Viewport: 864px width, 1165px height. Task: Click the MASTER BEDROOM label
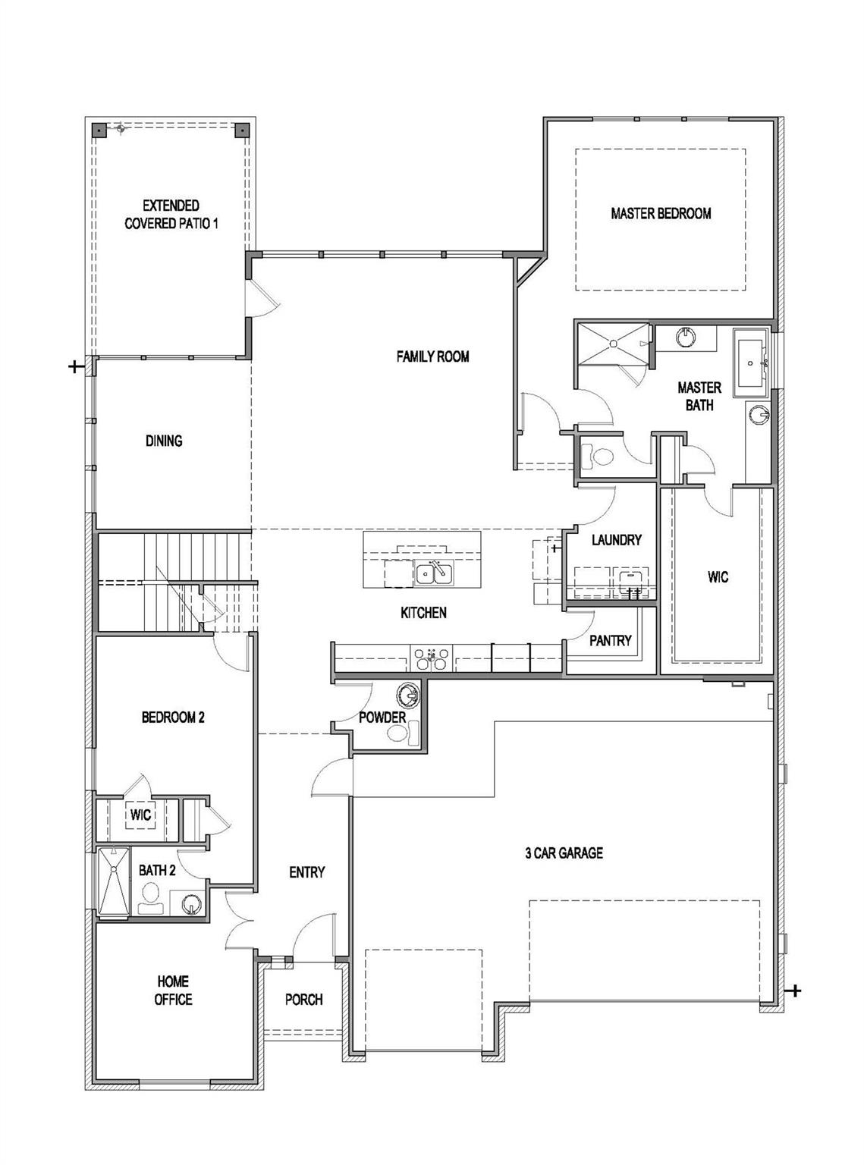point(661,213)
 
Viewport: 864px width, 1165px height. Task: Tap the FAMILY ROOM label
point(432,356)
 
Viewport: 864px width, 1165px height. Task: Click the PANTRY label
point(610,640)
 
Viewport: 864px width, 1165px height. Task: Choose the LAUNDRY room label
point(617,539)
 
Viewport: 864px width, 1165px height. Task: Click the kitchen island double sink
point(434,573)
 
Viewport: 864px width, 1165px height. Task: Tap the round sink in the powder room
point(408,696)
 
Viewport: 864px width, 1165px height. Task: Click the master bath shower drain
point(614,344)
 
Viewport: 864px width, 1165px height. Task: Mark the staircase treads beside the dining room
point(174,582)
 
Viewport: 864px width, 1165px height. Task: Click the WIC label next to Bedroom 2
point(140,815)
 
